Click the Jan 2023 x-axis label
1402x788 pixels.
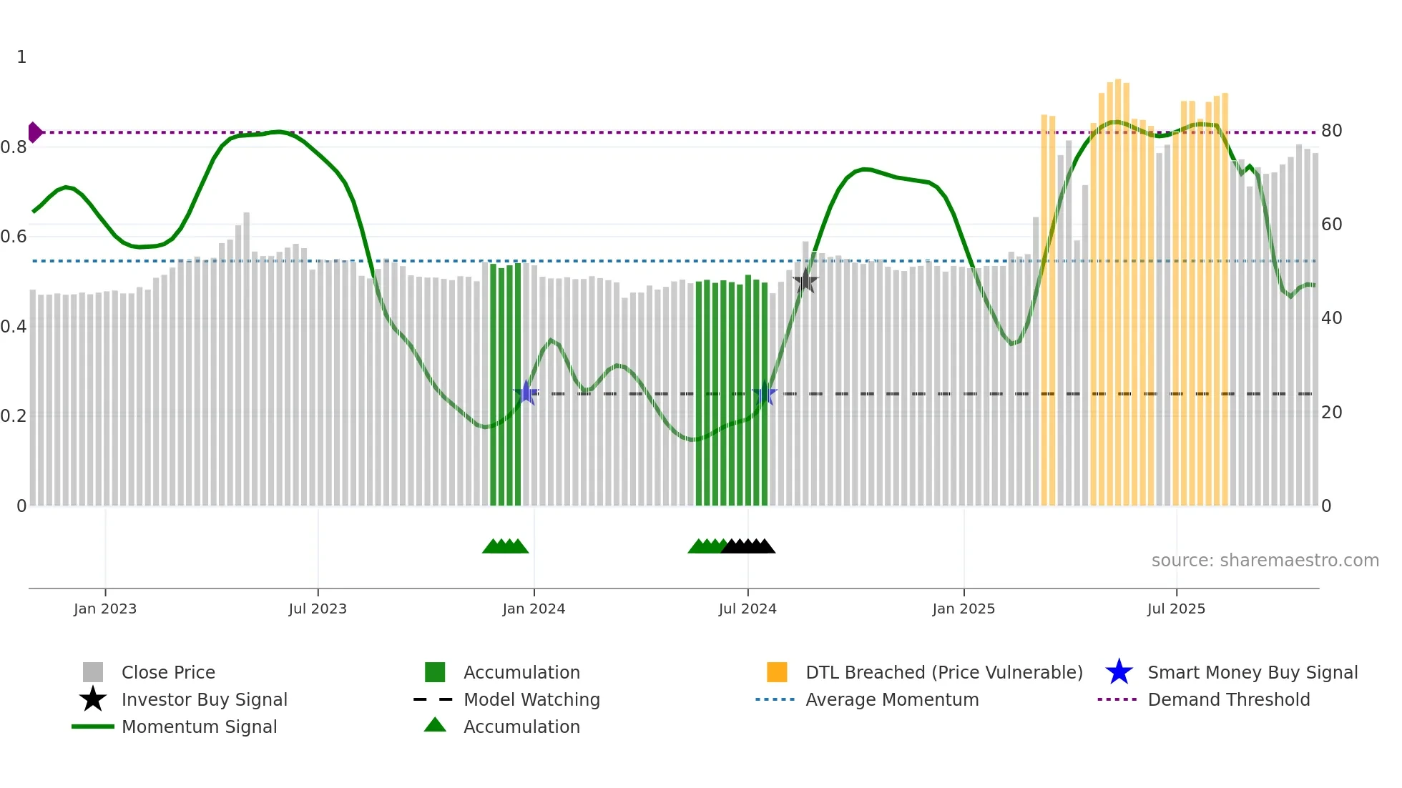click(104, 609)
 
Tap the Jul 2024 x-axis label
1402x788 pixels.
click(747, 609)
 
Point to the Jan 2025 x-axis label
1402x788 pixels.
click(964, 609)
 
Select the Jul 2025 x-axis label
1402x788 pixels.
click(1176, 609)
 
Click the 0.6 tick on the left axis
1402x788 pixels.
click(14, 237)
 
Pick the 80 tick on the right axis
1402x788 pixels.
click(1331, 131)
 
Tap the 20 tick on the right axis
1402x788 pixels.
click(1331, 413)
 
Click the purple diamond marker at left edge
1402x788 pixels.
click(34, 132)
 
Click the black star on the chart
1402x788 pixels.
click(805, 281)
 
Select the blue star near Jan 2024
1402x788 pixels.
click(526, 393)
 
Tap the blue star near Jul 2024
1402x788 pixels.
click(765, 393)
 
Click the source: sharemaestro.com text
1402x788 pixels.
click(1265, 561)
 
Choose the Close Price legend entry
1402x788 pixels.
click(168, 672)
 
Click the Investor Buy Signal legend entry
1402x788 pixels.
click(204, 699)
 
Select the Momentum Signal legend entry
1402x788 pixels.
click(199, 727)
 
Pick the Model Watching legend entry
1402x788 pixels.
click(531, 699)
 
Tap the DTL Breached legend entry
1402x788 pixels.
click(943, 672)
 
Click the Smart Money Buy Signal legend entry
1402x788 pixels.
click(1253, 672)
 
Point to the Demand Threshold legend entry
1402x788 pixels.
click(1228, 699)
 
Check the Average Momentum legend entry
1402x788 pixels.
click(892, 699)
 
